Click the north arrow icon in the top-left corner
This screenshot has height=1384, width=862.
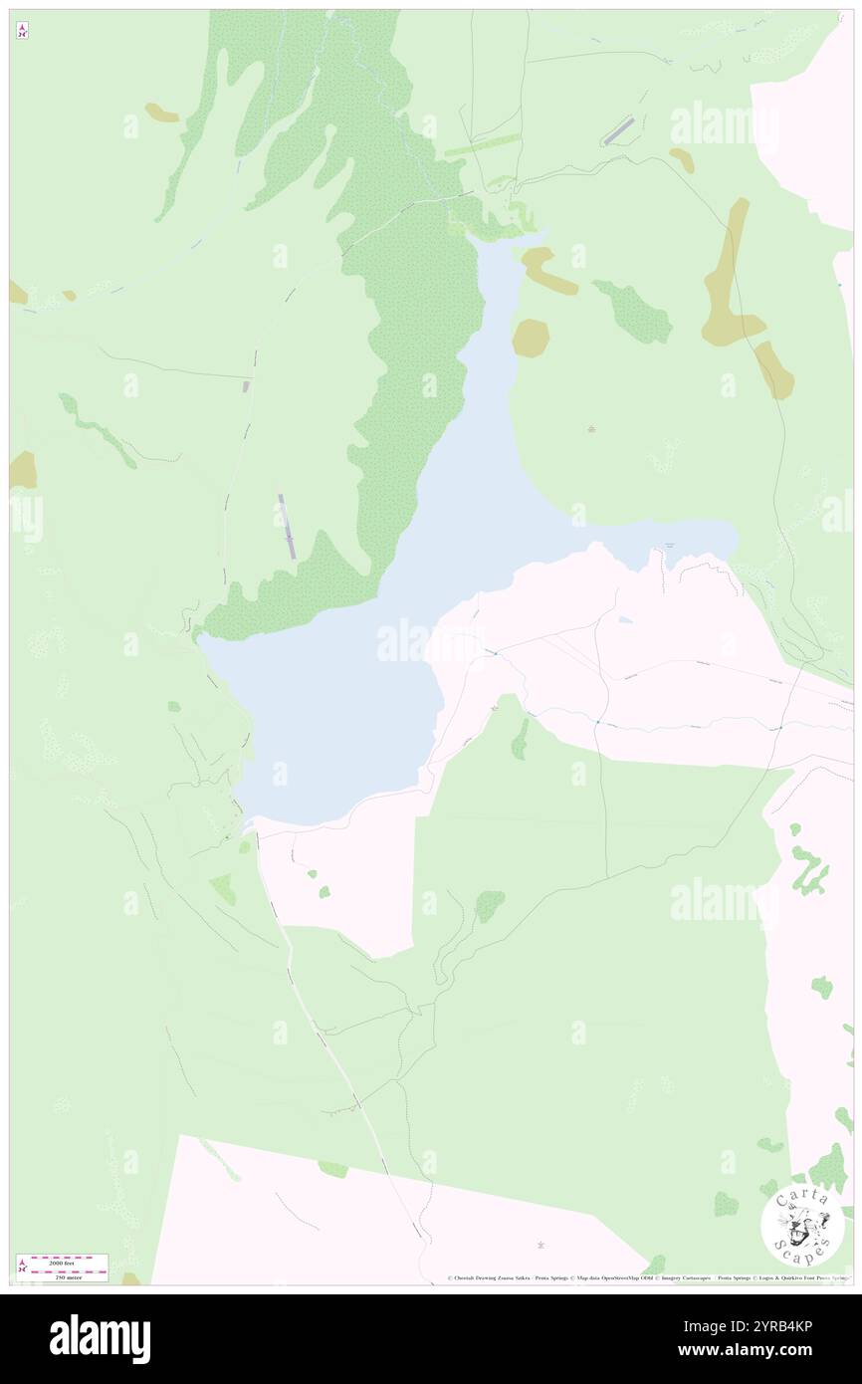22,31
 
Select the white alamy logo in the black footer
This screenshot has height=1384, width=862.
101,1339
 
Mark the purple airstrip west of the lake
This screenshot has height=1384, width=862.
287,526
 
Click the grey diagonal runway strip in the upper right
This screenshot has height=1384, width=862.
618,130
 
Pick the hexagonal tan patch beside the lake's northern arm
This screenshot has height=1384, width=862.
531,339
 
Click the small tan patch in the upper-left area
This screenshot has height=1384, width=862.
161,114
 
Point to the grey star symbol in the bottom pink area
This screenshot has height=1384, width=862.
541,1245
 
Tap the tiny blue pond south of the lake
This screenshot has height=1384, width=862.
624,620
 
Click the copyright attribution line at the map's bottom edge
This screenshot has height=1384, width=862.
647,1277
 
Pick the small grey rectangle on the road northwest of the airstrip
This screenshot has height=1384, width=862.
248,385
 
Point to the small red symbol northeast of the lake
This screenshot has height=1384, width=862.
592,429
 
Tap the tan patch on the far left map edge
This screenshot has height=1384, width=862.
22,470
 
